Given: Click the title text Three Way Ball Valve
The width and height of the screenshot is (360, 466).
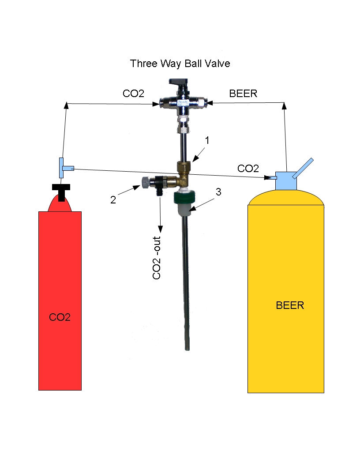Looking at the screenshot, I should (x=180, y=64).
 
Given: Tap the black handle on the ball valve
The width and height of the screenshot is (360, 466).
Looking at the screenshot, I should (x=179, y=83).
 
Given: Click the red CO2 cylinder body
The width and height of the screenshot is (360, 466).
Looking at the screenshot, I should (x=60, y=300).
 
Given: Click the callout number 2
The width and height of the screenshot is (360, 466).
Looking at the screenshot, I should (x=113, y=199).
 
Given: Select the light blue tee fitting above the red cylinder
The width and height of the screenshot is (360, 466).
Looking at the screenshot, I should (x=64, y=167).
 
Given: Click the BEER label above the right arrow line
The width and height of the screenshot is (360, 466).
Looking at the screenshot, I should (x=243, y=94).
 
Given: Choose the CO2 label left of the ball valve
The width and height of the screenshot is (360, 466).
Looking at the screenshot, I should (x=134, y=94).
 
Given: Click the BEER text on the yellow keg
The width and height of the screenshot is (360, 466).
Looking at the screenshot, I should (x=290, y=305).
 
